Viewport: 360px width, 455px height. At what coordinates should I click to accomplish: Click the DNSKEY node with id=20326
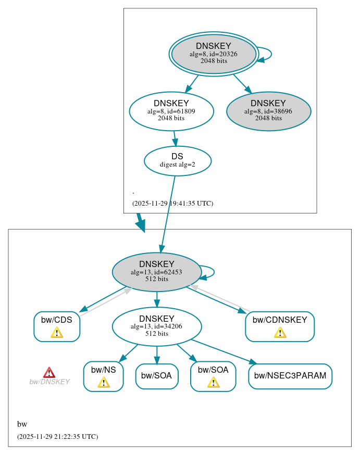pos(214,54)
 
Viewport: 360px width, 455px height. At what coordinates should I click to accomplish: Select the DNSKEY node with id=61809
pos(171,111)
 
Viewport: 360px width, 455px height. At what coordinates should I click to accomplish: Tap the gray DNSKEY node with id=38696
pos(268,111)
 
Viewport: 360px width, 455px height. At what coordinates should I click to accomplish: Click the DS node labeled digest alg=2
pos(177,160)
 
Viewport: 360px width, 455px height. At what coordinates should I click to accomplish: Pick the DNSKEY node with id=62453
pos(156,272)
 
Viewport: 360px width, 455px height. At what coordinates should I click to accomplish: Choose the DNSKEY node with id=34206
pos(156,326)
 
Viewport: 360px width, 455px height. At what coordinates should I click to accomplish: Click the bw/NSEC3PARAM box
pos(290,376)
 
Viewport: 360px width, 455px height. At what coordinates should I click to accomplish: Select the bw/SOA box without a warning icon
pos(157,376)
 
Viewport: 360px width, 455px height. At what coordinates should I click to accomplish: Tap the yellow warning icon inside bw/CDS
pos(57,333)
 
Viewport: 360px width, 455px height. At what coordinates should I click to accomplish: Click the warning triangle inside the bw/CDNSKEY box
pos(280,333)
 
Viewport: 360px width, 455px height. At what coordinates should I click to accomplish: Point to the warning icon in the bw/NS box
pos(103,383)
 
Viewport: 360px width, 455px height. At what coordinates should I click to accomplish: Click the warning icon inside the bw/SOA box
pos(213,383)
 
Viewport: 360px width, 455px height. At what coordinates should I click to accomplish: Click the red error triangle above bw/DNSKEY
pos(49,372)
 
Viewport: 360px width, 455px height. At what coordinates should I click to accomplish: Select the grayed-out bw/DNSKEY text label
pos(49,382)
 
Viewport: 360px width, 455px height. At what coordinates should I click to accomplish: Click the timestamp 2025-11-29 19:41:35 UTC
pos(172,204)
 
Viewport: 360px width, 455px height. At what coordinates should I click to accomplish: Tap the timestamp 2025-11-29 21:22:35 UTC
pos(57,437)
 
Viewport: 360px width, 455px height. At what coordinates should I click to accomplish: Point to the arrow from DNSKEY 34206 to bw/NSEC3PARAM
pos(224,352)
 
